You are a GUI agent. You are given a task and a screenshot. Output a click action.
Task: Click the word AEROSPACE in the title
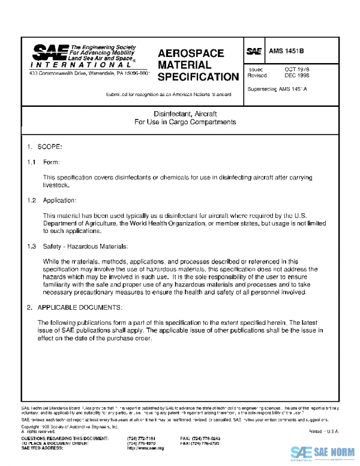[x=190, y=53]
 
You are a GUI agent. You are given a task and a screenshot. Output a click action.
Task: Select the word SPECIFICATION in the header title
[x=198, y=77]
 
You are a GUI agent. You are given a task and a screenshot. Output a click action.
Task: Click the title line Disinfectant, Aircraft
[x=185, y=113]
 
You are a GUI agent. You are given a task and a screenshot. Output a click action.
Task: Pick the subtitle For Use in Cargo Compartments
[x=185, y=122]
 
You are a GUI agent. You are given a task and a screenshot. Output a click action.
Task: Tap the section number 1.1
[x=31, y=163]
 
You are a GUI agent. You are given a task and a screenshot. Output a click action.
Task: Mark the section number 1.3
[x=31, y=247]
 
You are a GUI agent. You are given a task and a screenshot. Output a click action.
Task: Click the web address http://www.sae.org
[x=146, y=448]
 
